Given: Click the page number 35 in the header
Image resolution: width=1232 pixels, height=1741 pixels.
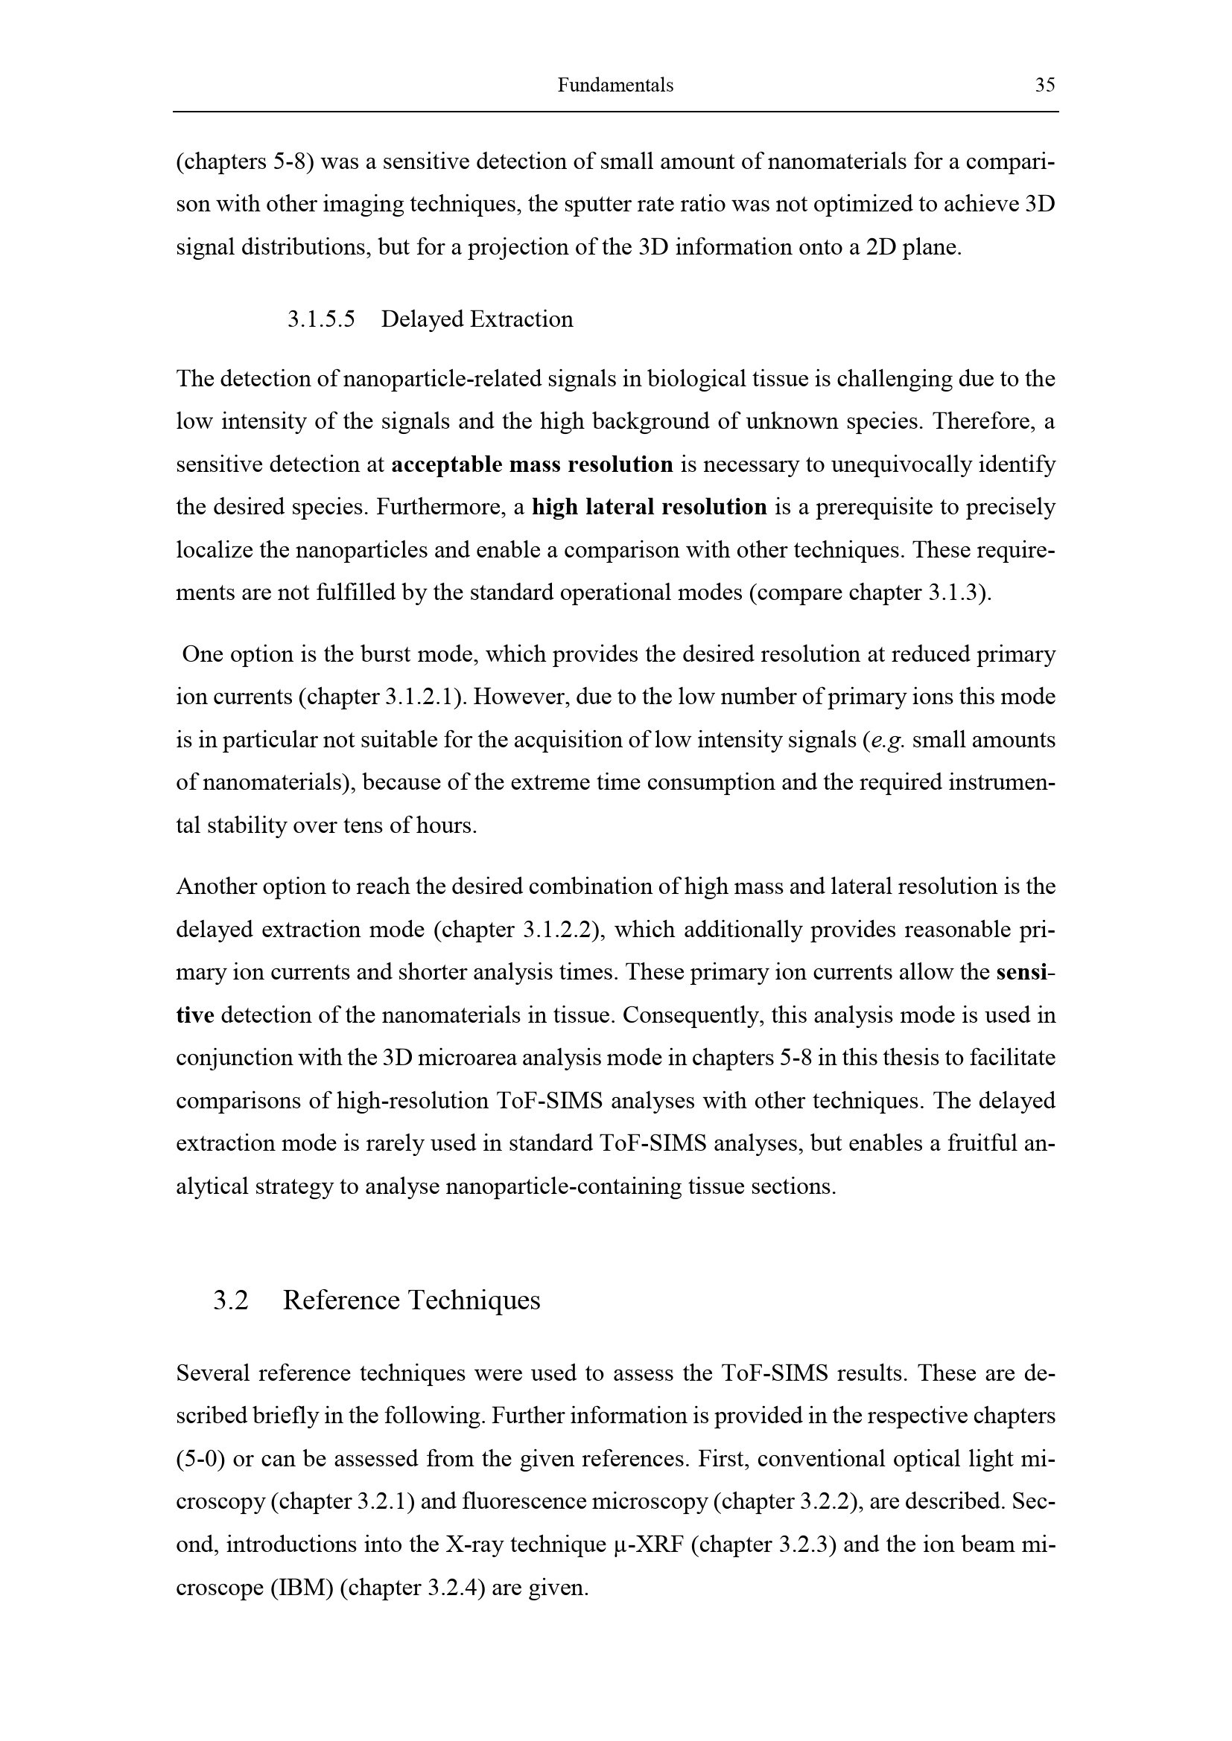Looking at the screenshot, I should (1044, 85).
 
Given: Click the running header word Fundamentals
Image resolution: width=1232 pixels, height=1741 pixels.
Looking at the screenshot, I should (615, 85).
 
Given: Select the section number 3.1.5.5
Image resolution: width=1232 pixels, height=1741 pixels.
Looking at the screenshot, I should (321, 319).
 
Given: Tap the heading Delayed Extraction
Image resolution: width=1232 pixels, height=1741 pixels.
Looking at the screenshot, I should (477, 319).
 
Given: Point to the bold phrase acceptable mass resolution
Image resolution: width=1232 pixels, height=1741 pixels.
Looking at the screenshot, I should (532, 464).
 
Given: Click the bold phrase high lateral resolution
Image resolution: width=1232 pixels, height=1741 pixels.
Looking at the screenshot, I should (650, 507).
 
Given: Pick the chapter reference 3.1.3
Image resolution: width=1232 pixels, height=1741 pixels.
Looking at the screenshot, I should (955, 592).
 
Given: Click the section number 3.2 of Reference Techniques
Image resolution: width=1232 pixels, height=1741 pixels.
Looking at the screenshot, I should (231, 1300).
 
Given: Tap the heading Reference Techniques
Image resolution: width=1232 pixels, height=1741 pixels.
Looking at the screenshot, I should (411, 1300).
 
